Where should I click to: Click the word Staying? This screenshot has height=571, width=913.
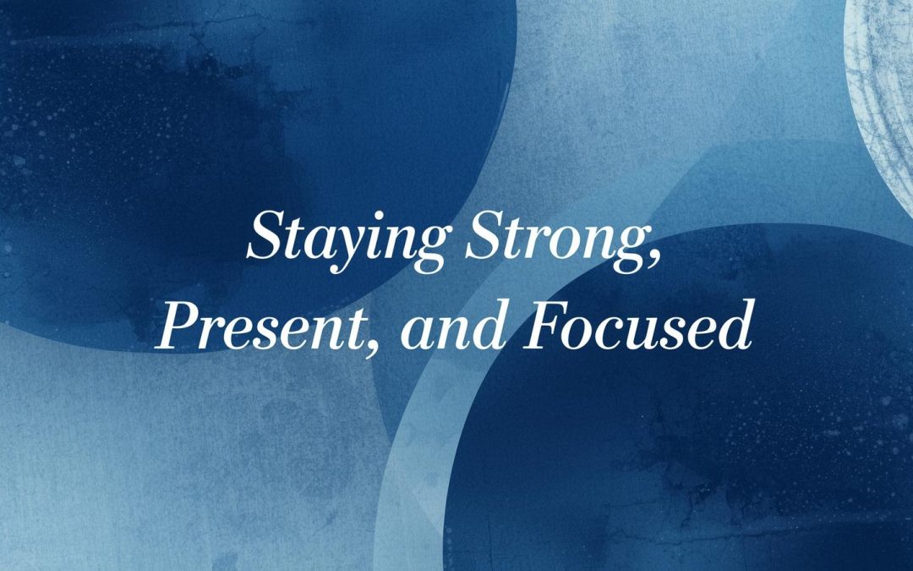coord(347,239)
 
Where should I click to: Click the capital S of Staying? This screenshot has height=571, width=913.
coord(263,236)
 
